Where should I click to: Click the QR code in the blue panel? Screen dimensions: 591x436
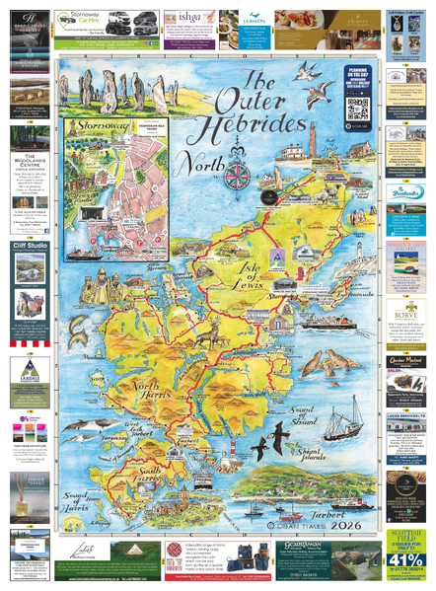356,110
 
